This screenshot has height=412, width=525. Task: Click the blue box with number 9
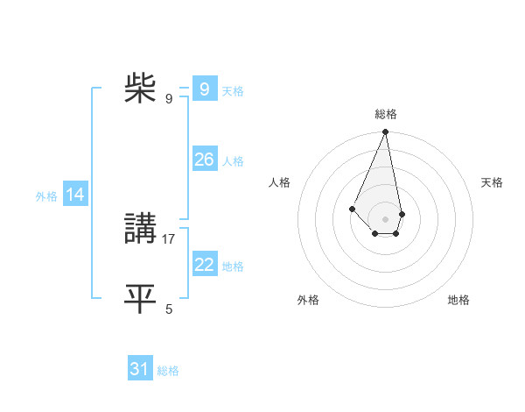(x=204, y=89)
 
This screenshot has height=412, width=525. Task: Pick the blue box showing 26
(x=204, y=160)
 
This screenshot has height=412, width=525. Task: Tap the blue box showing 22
(x=204, y=265)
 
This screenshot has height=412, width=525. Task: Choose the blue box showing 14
(x=75, y=195)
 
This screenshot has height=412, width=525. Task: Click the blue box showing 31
(x=139, y=369)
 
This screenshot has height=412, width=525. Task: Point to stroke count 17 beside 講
(x=169, y=238)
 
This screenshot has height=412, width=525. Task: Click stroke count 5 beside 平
(x=169, y=309)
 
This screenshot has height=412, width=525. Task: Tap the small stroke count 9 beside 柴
(x=169, y=98)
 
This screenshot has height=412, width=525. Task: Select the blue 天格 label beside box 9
(x=233, y=91)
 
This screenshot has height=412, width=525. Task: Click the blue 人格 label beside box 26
(x=233, y=161)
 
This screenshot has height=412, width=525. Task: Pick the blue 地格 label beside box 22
(x=233, y=266)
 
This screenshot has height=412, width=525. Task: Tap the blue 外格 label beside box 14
(x=46, y=196)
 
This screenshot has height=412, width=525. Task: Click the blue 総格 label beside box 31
(x=168, y=371)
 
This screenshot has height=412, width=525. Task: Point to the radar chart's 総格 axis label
(x=386, y=114)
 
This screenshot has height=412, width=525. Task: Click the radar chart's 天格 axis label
(x=493, y=182)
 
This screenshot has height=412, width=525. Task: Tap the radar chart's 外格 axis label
(x=308, y=300)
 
